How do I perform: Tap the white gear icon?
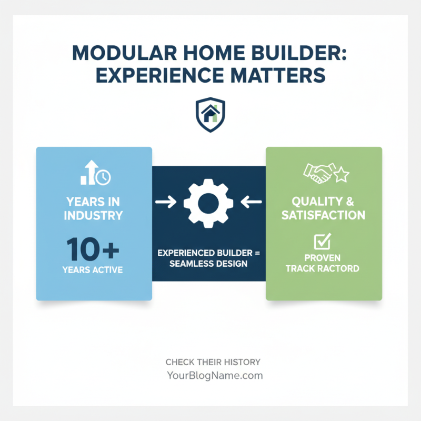click(206, 202)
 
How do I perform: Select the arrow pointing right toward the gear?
click(166, 202)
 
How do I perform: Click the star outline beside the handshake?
click(342, 175)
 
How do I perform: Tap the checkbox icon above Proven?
click(322, 242)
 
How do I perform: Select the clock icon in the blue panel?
click(103, 177)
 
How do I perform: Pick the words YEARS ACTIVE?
click(93, 270)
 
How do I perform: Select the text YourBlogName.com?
click(214, 376)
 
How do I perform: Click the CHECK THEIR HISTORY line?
click(213, 362)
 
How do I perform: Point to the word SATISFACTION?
click(323, 215)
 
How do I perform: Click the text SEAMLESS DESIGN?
click(208, 263)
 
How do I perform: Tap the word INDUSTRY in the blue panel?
click(94, 215)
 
